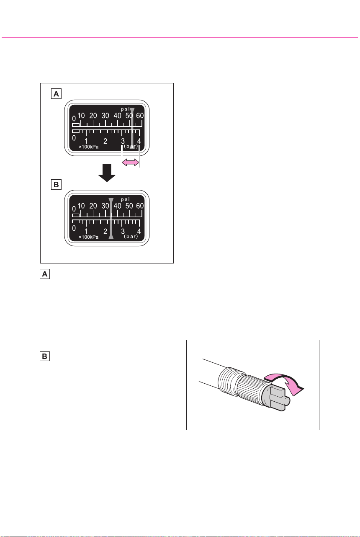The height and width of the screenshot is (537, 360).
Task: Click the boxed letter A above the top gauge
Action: pyautogui.click(x=56, y=94)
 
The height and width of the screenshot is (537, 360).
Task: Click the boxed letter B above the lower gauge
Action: pyautogui.click(x=56, y=185)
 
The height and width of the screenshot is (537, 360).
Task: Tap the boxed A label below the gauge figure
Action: pyautogui.click(x=45, y=274)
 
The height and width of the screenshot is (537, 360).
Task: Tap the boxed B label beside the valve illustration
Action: pyautogui.click(x=45, y=356)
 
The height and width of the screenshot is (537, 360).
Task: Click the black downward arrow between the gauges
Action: pyautogui.click(x=107, y=173)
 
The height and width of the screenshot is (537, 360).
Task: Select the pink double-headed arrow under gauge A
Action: pyautogui.click(x=131, y=163)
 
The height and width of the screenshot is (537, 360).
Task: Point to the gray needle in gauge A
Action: pyautogui.click(x=132, y=128)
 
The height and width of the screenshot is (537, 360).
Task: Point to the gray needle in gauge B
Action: pyautogui.click(x=111, y=218)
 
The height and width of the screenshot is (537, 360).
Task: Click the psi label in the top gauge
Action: pyautogui.click(x=125, y=109)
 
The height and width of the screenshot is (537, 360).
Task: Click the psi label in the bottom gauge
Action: pyautogui.click(x=125, y=199)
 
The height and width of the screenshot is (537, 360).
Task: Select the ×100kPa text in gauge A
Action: pyautogui.click(x=89, y=147)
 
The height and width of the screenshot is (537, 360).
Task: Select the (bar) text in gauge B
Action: pyautogui.click(x=131, y=236)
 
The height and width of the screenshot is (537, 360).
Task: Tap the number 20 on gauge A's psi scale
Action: pyautogui.click(x=93, y=116)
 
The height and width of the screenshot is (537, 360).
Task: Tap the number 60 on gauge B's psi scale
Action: pyautogui.click(x=140, y=206)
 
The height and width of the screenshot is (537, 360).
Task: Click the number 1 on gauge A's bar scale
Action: pyautogui.click(x=86, y=141)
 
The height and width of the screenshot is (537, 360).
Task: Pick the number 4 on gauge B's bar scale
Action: pyautogui.click(x=139, y=231)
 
